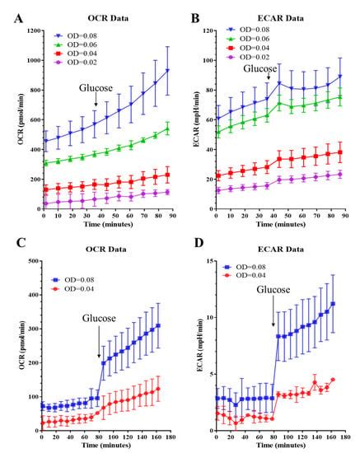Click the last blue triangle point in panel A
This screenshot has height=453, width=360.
point(168,71)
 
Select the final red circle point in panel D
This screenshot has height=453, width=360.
point(334,380)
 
